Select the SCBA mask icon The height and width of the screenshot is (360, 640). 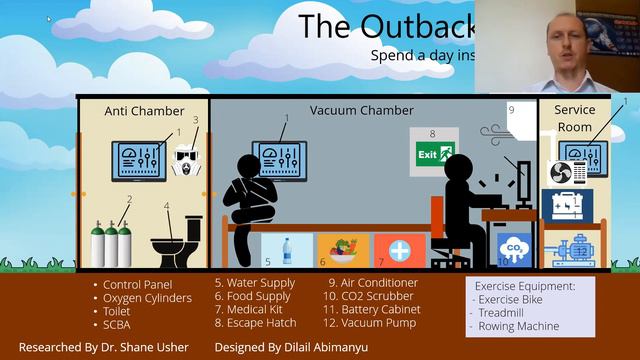click(186, 159)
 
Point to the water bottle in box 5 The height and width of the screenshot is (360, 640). click(287, 250)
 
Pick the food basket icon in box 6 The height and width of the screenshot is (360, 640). click(343, 250)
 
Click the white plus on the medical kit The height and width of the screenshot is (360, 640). click(399, 250)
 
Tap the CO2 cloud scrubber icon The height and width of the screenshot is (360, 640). click(515, 249)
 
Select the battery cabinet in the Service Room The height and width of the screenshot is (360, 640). click(567, 204)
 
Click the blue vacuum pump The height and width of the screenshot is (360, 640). click(572, 248)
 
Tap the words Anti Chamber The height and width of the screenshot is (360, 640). click(144, 111)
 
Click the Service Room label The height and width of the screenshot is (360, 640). click(574, 117)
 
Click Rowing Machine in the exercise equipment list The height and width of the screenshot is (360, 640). click(519, 327)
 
